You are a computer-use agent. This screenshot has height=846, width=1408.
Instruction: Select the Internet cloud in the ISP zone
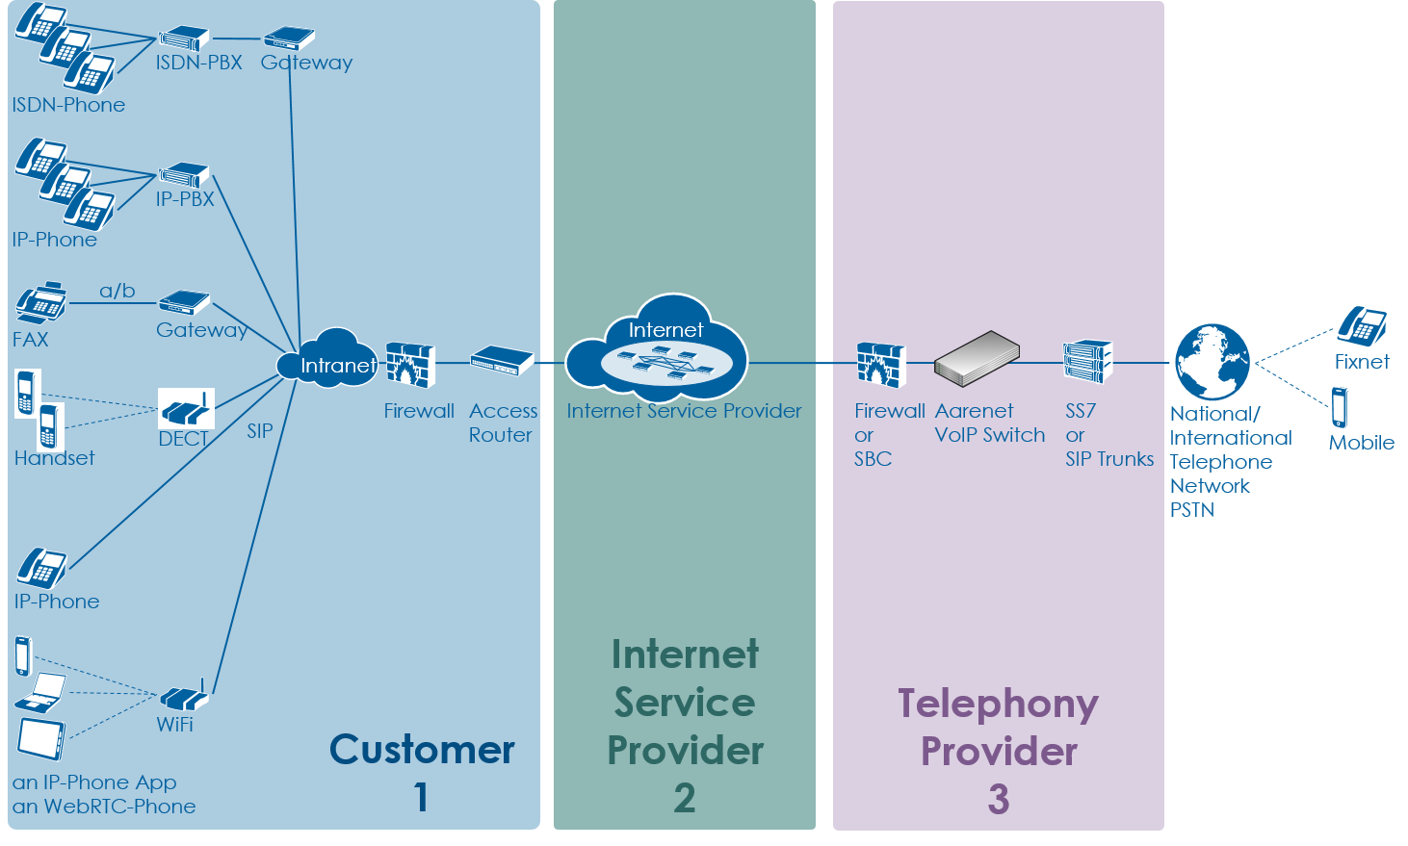[658, 350]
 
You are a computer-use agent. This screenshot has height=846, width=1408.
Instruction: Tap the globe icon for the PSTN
[1212, 362]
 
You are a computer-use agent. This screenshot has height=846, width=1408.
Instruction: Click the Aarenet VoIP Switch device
[977, 358]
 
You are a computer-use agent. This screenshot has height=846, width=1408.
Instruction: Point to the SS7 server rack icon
[1087, 361]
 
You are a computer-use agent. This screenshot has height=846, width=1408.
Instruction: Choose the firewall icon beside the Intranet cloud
[410, 365]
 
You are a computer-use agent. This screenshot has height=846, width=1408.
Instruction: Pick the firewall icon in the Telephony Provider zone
[880, 365]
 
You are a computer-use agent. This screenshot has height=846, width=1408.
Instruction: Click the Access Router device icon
[501, 362]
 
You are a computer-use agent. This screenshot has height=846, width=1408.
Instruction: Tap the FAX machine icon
[40, 303]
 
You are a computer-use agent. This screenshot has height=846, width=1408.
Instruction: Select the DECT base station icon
[185, 409]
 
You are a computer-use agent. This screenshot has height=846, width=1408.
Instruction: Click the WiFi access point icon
[182, 697]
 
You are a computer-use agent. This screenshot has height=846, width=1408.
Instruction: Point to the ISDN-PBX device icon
[183, 38]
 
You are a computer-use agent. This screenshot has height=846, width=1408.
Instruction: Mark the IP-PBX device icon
[184, 175]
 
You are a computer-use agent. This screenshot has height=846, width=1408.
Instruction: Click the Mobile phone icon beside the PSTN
[1340, 407]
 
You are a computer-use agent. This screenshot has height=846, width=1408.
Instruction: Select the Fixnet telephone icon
[1361, 326]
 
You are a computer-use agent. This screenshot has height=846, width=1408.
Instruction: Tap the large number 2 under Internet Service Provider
[684, 798]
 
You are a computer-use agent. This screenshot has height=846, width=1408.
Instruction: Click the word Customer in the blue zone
[422, 750]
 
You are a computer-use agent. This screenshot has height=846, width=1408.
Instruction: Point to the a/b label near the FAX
[117, 291]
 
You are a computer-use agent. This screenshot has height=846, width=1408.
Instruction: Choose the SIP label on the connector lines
[260, 431]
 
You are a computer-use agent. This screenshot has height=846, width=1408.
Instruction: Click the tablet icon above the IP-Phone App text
[41, 738]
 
